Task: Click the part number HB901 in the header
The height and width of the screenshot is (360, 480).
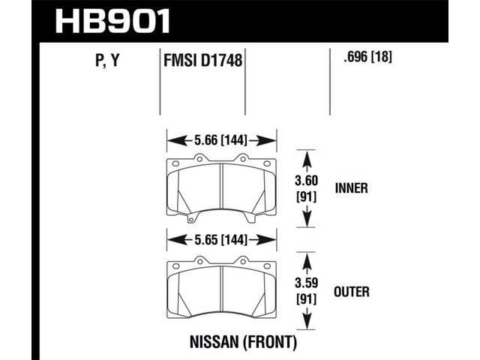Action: [x=113, y=21]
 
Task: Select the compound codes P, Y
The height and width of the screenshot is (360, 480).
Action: [x=107, y=60]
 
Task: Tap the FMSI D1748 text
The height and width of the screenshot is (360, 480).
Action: [x=203, y=60]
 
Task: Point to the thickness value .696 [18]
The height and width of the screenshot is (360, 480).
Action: [x=367, y=57]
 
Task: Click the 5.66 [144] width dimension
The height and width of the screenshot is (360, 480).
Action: [x=220, y=140]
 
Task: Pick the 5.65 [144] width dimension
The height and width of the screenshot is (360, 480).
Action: [x=220, y=240]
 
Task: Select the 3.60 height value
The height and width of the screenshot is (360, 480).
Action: [x=307, y=181]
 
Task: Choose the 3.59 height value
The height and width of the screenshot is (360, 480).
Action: [x=307, y=283]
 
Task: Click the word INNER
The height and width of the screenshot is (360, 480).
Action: [x=352, y=188]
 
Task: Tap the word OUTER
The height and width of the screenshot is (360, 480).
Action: [x=352, y=292]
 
